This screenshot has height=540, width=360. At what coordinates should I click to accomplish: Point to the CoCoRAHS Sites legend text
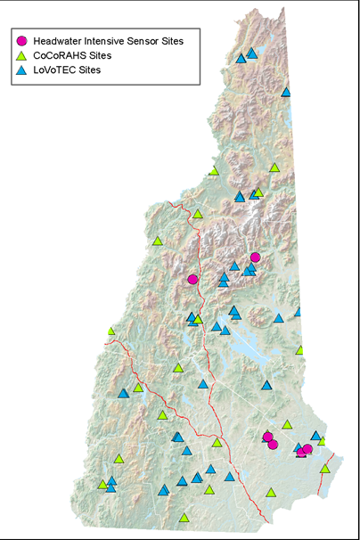(x=70, y=54)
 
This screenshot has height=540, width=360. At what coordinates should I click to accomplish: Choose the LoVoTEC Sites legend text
(x=67, y=69)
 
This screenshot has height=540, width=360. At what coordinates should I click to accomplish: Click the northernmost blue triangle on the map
(x=252, y=53)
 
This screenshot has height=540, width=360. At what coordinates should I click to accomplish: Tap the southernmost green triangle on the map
(x=184, y=518)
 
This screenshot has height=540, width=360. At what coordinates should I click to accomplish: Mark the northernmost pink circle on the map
(x=255, y=258)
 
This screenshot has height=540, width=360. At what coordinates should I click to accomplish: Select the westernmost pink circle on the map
(x=192, y=279)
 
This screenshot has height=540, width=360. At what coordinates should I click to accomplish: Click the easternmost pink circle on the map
(x=307, y=449)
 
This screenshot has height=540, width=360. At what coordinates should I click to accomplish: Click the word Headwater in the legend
(x=60, y=40)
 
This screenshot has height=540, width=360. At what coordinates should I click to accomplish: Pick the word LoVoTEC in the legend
(x=55, y=69)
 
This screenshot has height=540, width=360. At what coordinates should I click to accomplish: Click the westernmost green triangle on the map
(x=102, y=485)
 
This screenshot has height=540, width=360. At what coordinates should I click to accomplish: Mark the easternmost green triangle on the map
(x=325, y=469)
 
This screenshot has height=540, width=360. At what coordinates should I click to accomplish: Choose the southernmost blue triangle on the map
(x=163, y=490)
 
